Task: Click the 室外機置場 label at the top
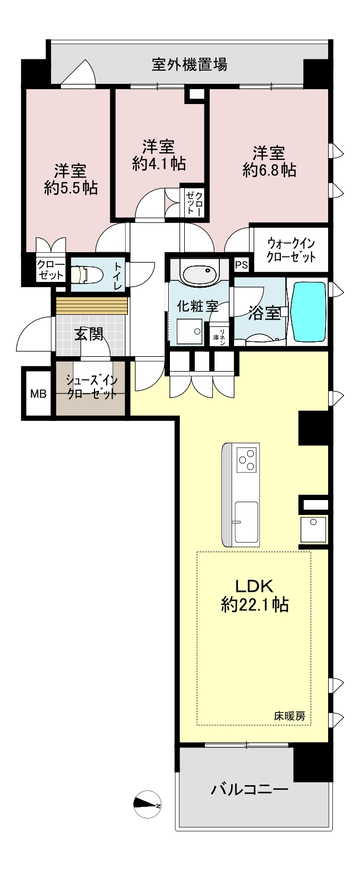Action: click(189, 64)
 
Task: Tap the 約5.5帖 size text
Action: click(70, 188)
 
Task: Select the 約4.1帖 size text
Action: click(159, 164)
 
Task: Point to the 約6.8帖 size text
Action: click(269, 170)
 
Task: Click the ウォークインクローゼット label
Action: click(291, 250)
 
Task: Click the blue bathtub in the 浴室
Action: click(308, 312)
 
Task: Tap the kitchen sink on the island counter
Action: click(247, 518)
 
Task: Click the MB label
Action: click(38, 394)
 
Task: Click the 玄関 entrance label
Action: click(89, 334)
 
